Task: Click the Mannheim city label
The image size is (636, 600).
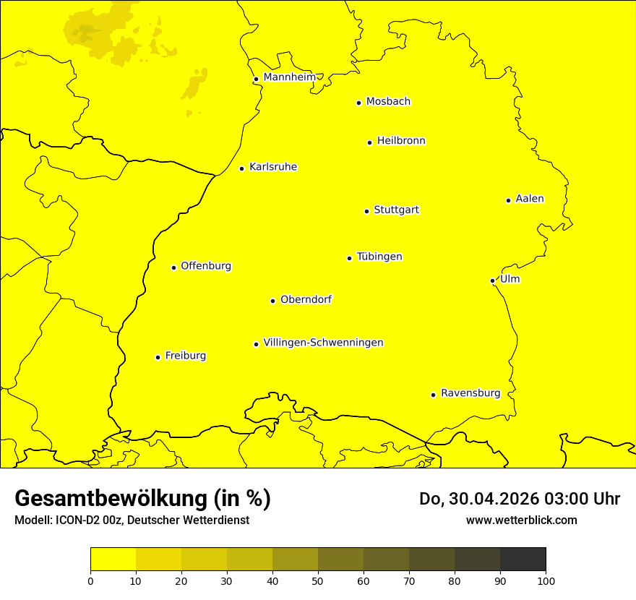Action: (x=289, y=77)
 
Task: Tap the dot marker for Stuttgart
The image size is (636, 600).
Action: (x=366, y=211)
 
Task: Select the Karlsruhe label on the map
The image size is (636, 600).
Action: (x=272, y=167)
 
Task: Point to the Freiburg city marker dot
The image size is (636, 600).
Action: (x=158, y=357)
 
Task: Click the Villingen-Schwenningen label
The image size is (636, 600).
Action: (x=323, y=343)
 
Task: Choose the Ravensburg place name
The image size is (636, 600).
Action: (x=470, y=393)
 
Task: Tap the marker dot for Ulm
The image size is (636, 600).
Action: (x=492, y=280)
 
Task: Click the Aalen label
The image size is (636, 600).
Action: (x=529, y=199)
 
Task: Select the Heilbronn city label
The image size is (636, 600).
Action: (x=400, y=141)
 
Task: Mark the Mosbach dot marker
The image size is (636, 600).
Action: (x=358, y=103)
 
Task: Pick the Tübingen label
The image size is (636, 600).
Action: (x=379, y=257)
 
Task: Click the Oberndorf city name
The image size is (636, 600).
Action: (x=306, y=299)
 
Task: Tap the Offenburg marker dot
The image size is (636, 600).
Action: (x=173, y=267)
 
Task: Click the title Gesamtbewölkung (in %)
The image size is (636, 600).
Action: (x=142, y=499)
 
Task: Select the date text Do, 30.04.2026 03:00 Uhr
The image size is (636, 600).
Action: (x=519, y=499)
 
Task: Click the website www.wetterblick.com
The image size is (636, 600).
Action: (x=521, y=520)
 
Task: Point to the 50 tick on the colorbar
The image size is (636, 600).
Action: (x=318, y=580)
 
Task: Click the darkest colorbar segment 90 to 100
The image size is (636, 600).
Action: (x=523, y=559)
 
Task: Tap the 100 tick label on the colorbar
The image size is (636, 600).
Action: (x=546, y=580)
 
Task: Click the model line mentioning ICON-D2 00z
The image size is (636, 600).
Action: (x=132, y=520)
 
